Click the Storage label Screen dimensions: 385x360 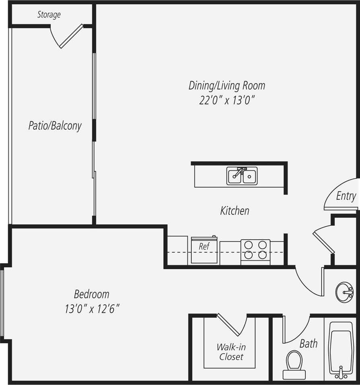(x=49, y=15)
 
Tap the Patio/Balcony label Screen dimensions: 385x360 (x=55, y=126)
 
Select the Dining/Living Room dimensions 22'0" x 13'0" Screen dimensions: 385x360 (x=227, y=100)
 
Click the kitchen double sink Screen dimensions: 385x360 (x=242, y=176)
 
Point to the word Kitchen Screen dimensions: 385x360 (x=235, y=211)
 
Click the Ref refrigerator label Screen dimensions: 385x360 (x=204, y=247)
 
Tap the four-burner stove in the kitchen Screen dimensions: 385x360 (x=255, y=250)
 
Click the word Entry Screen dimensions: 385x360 (x=346, y=196)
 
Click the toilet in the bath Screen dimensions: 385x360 (x=294, y=364)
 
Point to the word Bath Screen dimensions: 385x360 (x=309, y=344)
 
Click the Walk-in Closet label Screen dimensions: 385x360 (x=231, y=352)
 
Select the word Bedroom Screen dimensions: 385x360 (x=92, y=294)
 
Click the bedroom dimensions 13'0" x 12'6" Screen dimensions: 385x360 (x=93, y=309)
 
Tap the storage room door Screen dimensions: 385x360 (x=71, y=36)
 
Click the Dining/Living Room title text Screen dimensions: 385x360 (x=227, y=86)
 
